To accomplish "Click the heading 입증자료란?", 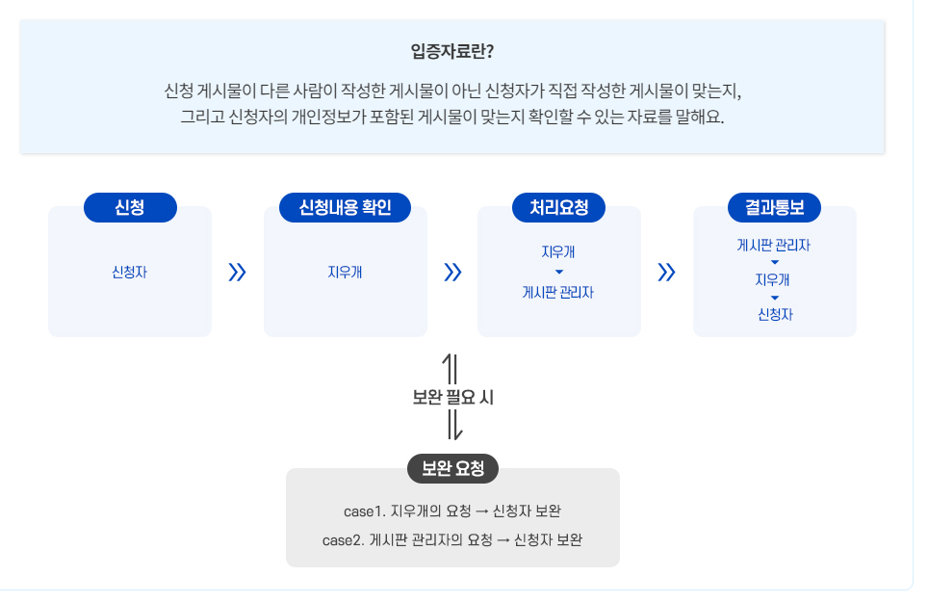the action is pyautogui.click(x=452, y=51).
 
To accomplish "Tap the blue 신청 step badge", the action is pyautogui.click(x=130, y=207).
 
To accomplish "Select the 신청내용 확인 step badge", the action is pyautogui.click(x=346, y=207).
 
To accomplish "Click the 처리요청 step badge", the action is pyautogui.click(x=559, y=207).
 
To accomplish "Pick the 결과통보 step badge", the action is pyautogui.click(x=775, y=207).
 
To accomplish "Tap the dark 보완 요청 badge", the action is pyautogui.click(x=452, y=469).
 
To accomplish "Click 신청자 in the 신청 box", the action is pyautogui.click(x=130, y=273).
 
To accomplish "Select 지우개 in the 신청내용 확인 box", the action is pyautogui.click(x=346, y=273).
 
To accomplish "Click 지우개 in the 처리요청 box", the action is pyautogui.click(x=559, y=252).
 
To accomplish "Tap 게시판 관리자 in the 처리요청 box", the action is pyautogui.click(x=559, y=292).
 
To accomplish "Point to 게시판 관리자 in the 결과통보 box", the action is pyautogui.click(x=775, y=245).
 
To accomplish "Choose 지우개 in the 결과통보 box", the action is pyautogui.click(x=775, y=279).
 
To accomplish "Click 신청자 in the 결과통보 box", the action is pyautogui.click(x=775, y=314).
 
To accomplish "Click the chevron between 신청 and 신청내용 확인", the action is pyautogui.click(x=238, y=273).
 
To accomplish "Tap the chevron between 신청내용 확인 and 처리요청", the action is pyautogui.click(x=452, y=273).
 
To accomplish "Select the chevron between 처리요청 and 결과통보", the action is pyautogui.click(x=667, y=273).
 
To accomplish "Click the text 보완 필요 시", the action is pyautogui.click(x=452, y=397).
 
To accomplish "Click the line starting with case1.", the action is pyautogui.click(x=452, y=511).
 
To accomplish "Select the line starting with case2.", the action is pyautogui.click(x=452, y=539).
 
